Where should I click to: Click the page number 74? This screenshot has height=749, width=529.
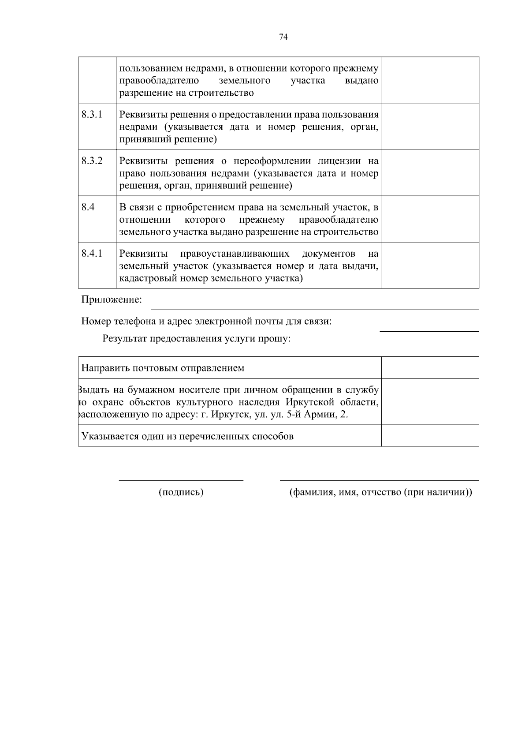(x=283, y=37)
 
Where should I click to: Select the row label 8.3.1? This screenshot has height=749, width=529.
(x=92, y=115)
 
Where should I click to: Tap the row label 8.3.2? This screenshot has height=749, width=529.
(x=92, y=161)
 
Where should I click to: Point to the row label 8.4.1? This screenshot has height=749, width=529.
(x=92, y=254)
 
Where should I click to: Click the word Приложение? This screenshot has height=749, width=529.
(x=112, y=300)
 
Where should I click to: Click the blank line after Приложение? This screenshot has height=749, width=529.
(x=315, y=309)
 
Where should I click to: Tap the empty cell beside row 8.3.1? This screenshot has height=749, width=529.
(x=430, y=127)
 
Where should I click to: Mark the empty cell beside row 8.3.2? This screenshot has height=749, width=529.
(x=430, y=173)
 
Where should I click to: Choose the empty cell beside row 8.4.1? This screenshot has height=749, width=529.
(x=430, y=266)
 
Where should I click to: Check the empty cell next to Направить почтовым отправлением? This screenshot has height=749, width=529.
(x=430, y=368)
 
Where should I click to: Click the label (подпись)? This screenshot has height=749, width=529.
(x=181, y=493)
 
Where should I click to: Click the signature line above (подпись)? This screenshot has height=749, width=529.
(x=181, y=480)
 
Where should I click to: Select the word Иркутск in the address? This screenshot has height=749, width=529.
(x=227, y=415)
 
